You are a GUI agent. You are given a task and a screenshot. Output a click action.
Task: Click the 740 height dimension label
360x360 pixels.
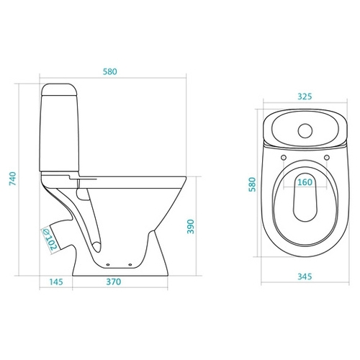pos(12,179)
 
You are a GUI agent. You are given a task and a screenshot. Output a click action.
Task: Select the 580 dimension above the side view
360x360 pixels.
pos(110,71)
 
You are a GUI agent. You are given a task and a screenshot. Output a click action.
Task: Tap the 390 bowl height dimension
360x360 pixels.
pos(191,226)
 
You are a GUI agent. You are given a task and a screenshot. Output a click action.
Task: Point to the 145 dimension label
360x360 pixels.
pos(56,282)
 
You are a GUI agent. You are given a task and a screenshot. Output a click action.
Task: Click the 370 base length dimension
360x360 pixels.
pos(114,282)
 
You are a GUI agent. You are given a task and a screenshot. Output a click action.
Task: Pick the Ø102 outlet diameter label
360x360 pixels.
pos(50,239)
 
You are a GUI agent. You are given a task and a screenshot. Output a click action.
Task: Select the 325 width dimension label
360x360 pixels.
pos(305,96)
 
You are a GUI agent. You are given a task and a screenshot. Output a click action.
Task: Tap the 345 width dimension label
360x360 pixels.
pos(305,276)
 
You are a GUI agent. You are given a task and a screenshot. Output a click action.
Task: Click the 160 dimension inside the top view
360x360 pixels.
pos(305,182)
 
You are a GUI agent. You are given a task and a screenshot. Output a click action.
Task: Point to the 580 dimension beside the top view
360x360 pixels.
pos(253,184)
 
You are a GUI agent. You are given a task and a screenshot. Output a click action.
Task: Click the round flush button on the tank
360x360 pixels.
pos(305,131)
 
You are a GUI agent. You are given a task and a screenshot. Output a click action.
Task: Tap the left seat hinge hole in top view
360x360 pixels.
pos(284,158)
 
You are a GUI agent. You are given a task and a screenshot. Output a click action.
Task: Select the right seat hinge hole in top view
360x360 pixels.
pos(327,158)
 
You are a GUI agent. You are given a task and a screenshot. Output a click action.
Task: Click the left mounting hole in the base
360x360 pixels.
pos(108,265)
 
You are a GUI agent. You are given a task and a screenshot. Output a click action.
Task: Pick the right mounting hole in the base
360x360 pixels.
pos(130,265)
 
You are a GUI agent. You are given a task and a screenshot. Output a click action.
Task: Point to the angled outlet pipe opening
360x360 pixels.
pos(49,239)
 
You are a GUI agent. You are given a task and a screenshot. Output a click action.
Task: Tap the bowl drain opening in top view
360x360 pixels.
pos(305,197)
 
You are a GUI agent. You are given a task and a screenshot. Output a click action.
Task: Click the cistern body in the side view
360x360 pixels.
pos(59,133)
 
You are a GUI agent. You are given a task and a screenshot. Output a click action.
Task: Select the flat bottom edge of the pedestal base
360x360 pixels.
pos(120,276)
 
